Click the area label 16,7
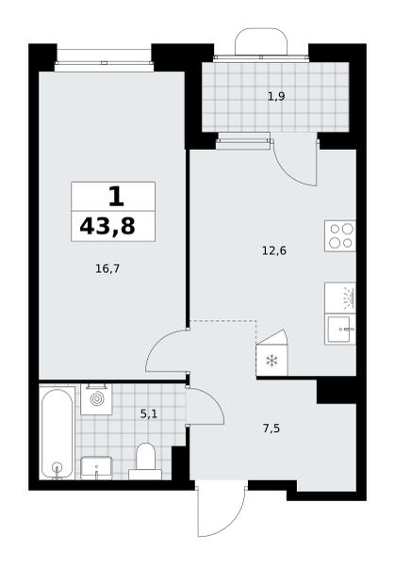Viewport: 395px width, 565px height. [x=107, y=268]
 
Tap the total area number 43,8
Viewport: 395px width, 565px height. [x=107, y=227]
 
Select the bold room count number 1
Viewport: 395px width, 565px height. [x=116, y=197]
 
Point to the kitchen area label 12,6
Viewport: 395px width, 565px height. [x=274, y=250]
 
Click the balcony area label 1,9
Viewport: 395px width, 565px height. [x=276, y=96]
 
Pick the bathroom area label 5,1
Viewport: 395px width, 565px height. [x=149, y=414]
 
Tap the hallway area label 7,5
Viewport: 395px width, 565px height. [x=272, y=428]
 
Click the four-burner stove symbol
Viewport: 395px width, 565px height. [x=340, y=236]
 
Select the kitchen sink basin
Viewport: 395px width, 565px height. [x=340, y=329]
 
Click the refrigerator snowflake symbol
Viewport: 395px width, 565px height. [x=271, y=361]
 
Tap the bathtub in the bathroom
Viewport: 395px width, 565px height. [x=57, y=433]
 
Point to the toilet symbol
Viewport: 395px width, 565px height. [x=145, y=461]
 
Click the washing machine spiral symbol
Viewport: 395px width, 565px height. [x=96, y=399]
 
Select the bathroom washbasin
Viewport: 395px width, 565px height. [x=96, y=468]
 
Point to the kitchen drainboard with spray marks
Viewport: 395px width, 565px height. [x=340, y=298]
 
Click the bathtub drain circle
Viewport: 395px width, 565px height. [x=57, y=468]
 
